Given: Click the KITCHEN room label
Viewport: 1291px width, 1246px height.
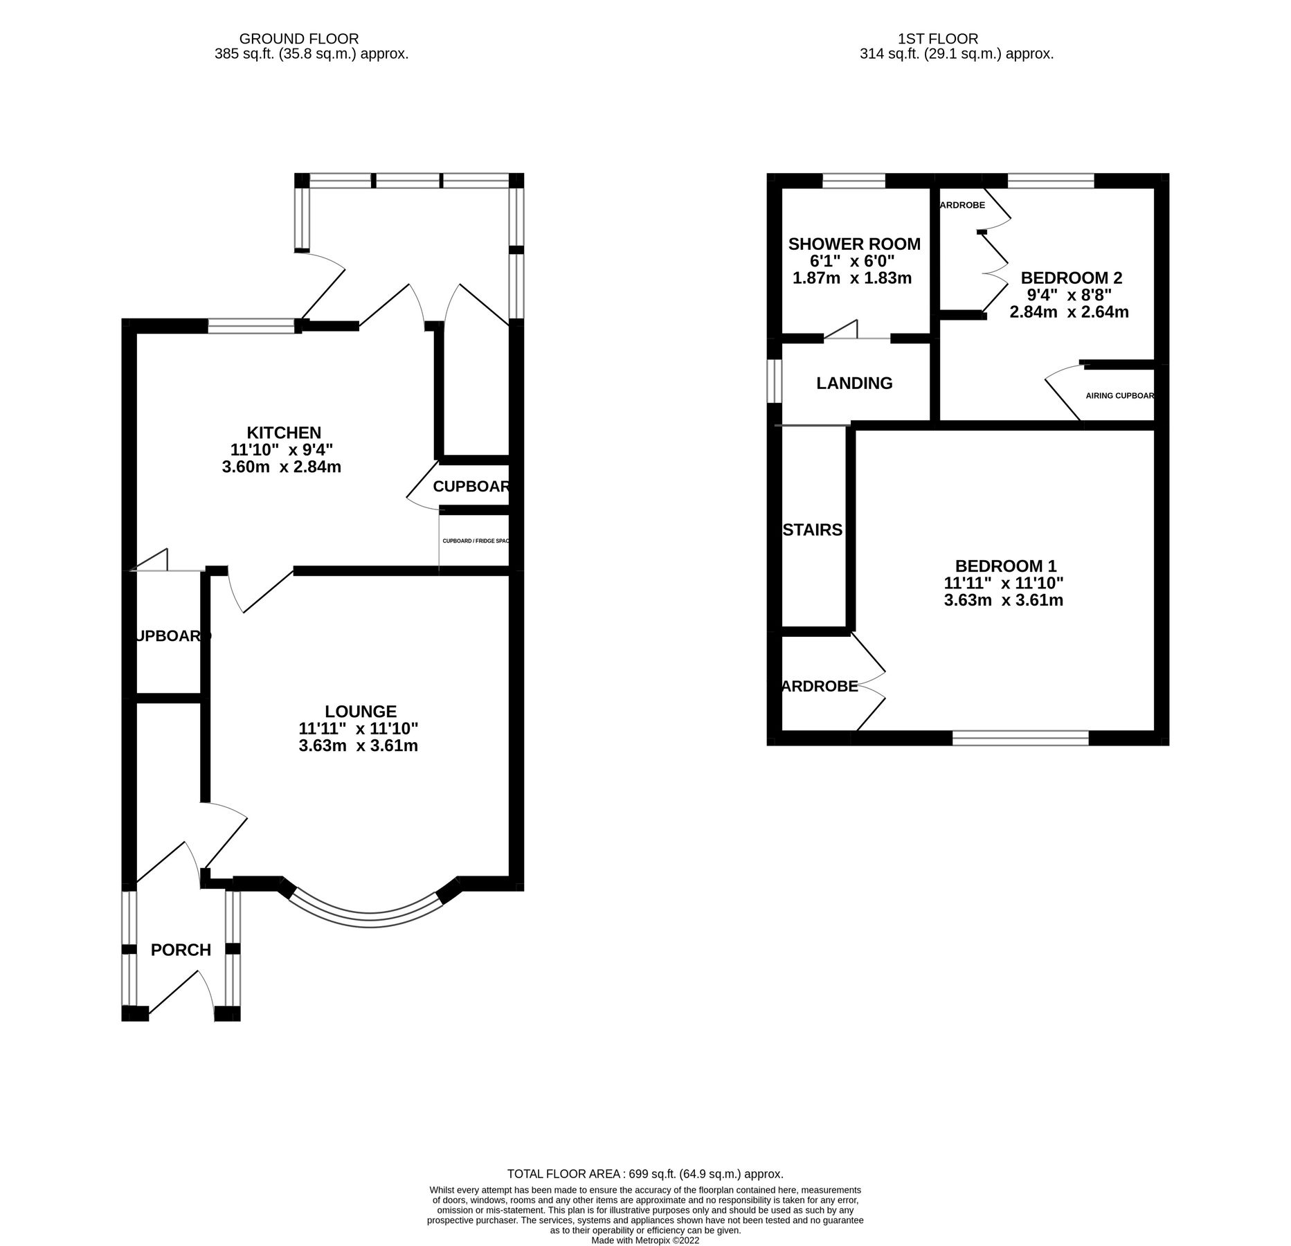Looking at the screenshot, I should pyautogui.click(x=285, y=433).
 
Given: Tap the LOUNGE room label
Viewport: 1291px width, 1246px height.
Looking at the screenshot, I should pyautogui.click(x=361, y=712).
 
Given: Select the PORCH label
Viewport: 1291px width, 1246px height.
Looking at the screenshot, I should pyautogui.click(x=181, y=950).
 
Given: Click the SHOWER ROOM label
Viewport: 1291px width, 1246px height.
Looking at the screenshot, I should pyautogui.click(x=854, y=244).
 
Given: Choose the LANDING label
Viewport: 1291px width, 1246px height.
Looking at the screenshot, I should pyautogui.click(x=854, y=383).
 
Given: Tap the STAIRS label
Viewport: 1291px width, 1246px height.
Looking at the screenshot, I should pyautogui.click(x=813, y=530).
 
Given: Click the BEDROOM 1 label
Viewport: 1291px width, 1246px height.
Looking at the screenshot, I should pyautogui.click(x=1006, y=566).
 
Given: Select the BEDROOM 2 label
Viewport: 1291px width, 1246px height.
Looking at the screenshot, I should pyautogui.click(x=1071, y=278).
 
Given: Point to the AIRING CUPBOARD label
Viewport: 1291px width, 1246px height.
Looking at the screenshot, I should pyautogui.click(x=1119, y=396).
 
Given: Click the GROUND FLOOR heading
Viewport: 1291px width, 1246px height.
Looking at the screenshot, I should pyautogui.click(x=299, y=39).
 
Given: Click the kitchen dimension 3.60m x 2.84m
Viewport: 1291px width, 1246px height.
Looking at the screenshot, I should pyautogui.click(x=282, y=467).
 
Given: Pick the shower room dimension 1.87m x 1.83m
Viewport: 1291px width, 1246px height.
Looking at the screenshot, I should pyautogui.click(x=851, y=278).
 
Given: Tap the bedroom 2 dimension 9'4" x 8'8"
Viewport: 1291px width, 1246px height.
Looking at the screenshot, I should pyautogui.click(x=1069, y=295).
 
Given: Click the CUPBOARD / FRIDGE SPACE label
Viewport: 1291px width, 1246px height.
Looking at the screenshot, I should pyautogui.click(x=475, y=541).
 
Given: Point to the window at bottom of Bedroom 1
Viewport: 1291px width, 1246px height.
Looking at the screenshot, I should pyautogui.click(x=1020, y=738).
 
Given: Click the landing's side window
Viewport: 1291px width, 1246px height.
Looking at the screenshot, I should pyautogui.click(x=775, y=380).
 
